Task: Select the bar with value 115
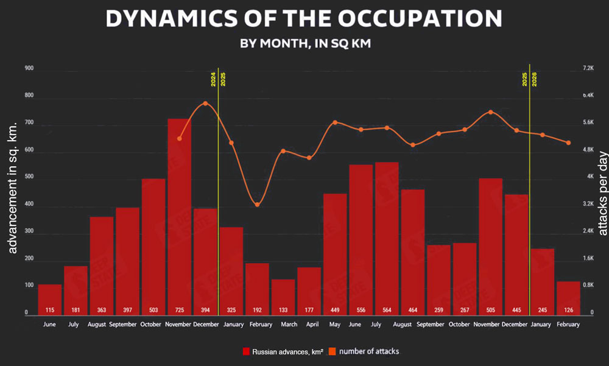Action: (50, 298)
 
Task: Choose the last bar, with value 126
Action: (568, 298)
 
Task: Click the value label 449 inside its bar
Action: (335, 309)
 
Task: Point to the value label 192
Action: (257, 309)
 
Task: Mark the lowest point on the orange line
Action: (257, 205)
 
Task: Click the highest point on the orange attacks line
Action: (205, 104)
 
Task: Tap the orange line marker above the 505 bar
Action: (490, 112)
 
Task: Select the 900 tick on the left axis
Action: (29, 69)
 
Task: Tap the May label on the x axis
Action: (335, 325)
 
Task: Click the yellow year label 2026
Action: (534, 79)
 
